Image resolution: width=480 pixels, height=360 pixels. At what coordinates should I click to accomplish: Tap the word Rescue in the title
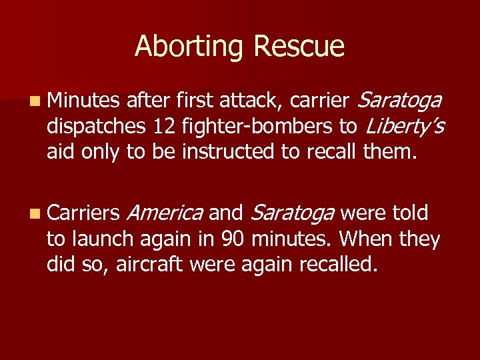[299, 47]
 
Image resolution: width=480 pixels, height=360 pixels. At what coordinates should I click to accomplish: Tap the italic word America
[163, 213]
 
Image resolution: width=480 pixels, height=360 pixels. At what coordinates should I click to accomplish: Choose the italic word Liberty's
[403, 127]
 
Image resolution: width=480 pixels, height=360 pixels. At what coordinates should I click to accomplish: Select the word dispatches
[96, 127]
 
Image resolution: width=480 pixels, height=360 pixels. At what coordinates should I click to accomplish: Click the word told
[410, 213]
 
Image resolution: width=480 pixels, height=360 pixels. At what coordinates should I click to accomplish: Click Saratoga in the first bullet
[399, 101]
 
